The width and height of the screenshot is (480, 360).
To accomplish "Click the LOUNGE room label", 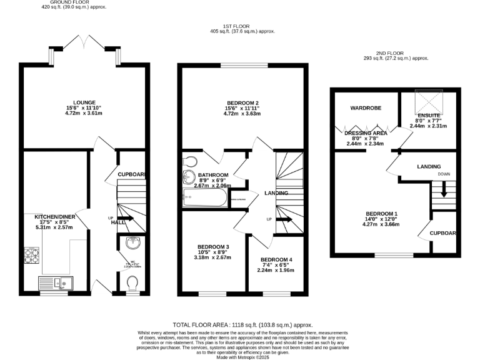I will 84,102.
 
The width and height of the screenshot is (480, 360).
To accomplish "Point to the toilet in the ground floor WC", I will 132,285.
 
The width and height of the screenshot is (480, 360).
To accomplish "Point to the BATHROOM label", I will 213,175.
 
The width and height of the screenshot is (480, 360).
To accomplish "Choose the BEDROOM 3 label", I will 213,247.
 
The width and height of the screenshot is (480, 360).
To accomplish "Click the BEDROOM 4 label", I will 276,259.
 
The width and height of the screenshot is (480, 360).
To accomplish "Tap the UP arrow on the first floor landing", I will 284,220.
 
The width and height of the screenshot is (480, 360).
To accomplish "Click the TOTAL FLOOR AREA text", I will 242,326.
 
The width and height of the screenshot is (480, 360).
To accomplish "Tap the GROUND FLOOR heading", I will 77,2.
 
